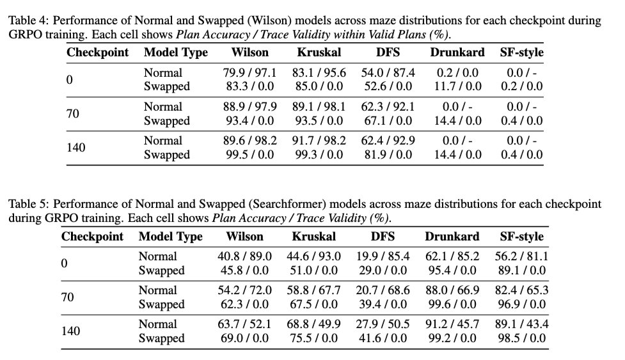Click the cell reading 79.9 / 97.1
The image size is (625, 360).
pyautogui.click(x=246, y=72)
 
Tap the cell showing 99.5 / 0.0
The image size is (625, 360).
pyautogui.click(x=246, y=154)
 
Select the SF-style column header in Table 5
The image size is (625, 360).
pyautogui.click(x=521, y=237)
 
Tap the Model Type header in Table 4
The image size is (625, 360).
pyautogui.click(x=175, y=52)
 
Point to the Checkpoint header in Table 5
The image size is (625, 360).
pyautogui.click(x=92, y=237)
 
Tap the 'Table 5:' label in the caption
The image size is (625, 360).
pyautogui.click(x=28, y=204)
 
